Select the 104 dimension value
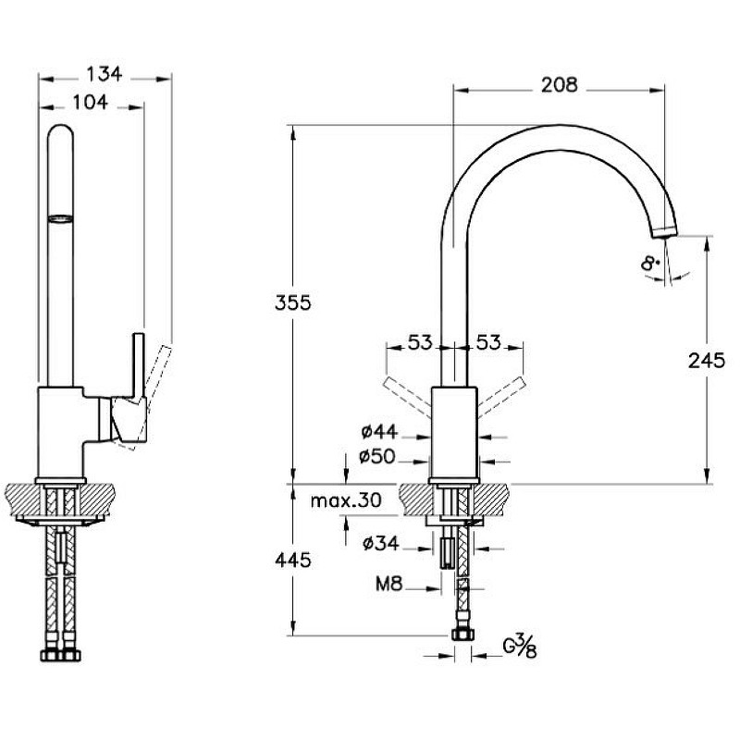tap(90, 103)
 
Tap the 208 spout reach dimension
tap(558, 85)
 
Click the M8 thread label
tap(388, 584)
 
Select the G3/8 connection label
tap(520, 646)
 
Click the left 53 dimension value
tap(421, 343)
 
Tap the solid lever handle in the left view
tap(135, 370)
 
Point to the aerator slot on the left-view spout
tap(60, 218)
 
